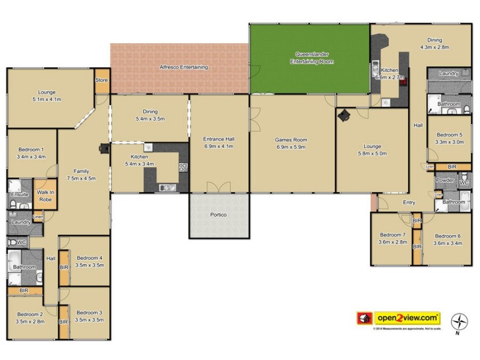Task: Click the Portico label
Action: pyautogui.click(x=218, y=215)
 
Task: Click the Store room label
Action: pyautogui.click(x=101, y=80)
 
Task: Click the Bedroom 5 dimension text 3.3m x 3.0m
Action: pyautogui.click(x=449, y=142)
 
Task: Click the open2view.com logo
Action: pyautogui.click(x=399, y=317)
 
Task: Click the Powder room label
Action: pyautogui.click(x=445, y=180)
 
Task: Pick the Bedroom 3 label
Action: pyautogui.click(x=89, y=313)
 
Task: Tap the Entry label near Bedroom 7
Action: pyautogui.click(x=409, y=202)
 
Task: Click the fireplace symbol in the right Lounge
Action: pyautogui.click(x=346, y=116)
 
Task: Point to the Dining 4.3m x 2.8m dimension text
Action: pyautogui.click(x=434, y=47)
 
